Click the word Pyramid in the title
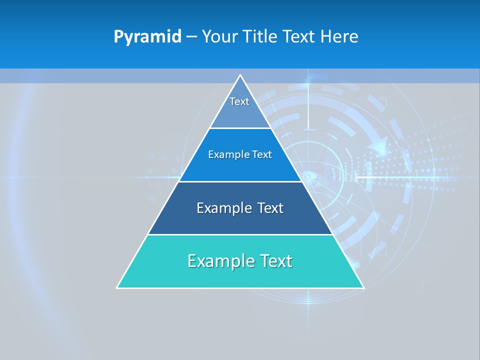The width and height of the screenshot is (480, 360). point(147,37)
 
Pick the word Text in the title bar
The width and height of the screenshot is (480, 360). point(299,37)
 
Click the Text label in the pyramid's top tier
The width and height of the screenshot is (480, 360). point(239,101)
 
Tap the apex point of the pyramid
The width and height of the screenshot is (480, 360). point(240,75)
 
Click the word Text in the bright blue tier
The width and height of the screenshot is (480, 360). point(262,154)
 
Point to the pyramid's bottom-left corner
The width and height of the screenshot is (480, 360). point(117,287)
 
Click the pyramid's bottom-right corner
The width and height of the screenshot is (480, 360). point(363,287)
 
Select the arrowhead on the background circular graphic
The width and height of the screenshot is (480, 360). point(379,145)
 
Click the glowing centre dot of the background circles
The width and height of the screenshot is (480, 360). point(308,176)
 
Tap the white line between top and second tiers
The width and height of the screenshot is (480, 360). point(240,128)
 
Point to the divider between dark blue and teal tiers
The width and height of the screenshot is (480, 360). point(240,234)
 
